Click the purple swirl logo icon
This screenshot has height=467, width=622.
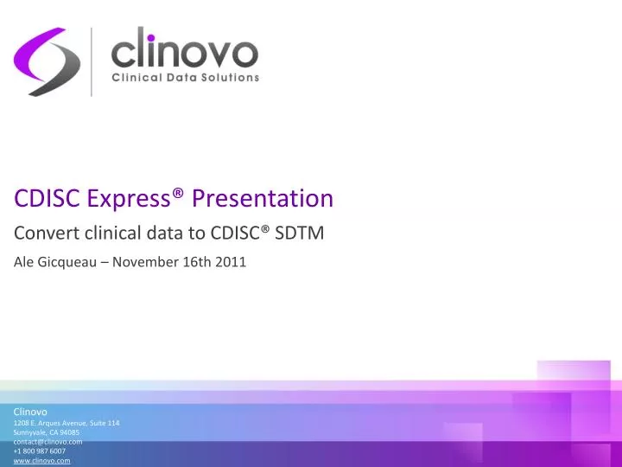pos(47,61)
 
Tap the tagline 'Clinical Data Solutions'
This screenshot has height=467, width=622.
pos(186,78)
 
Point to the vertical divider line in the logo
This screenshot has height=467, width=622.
pos(92,61)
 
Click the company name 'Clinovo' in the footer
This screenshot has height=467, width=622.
pos(30,411)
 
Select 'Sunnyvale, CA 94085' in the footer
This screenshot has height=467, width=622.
pos(47,432)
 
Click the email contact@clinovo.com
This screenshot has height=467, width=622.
pos(48,442)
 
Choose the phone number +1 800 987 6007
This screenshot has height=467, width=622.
pos(40,451)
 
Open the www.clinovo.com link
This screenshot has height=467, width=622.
pos(41,461)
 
